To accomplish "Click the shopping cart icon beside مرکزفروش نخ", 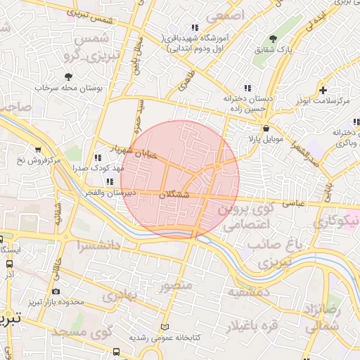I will pos(37,149).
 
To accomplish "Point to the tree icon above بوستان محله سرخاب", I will pos(68,77).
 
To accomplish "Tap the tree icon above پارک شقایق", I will pos(274,38).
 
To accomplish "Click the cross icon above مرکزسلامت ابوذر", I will pos(323,90).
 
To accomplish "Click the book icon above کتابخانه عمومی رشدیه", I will pos(165,327).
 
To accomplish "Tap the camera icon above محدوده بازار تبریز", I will pos(56,291).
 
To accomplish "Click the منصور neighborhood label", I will pos(175,286).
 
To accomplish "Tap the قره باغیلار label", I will pos(252,326).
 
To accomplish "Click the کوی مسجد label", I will pos(77,331).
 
